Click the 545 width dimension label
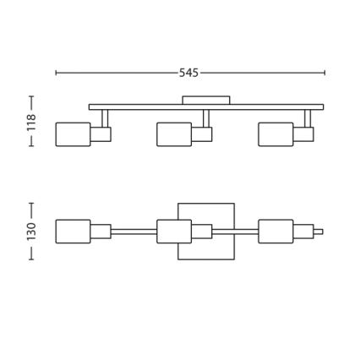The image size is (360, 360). [188, 73]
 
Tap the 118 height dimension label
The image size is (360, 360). [31, 123]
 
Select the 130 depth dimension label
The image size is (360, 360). [31, 232]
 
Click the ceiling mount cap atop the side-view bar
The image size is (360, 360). [206, 101]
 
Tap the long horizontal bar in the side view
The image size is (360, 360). [206, 107]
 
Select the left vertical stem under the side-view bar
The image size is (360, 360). [105, 118]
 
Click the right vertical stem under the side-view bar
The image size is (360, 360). [308, 118]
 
